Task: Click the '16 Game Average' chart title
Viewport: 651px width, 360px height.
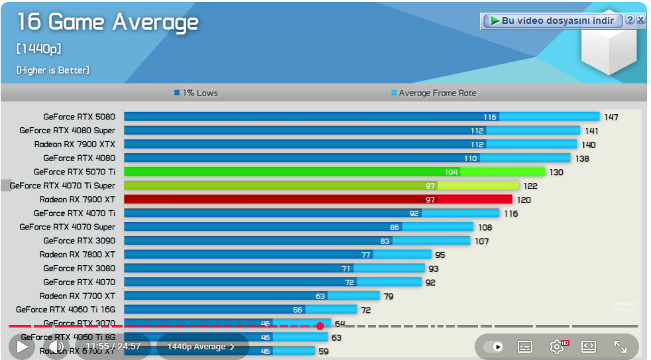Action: tap(107, 22)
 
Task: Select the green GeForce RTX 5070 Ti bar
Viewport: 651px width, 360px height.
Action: tap(334, 172)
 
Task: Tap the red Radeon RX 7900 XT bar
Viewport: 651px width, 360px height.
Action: tap(318, 200)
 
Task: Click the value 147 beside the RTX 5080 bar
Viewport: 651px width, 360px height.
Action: tap(611, 117)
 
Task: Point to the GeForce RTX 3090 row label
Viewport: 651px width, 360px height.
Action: tap(79, 241)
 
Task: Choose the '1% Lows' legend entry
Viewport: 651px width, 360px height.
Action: tap(196, 93)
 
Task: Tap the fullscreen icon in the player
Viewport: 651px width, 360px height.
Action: tap(621, 346)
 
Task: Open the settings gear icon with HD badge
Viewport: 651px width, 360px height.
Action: tap(558, 346)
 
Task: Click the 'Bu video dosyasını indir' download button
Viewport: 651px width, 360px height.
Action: tap(552, 21)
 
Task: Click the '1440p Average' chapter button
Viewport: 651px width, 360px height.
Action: tap(202, 346)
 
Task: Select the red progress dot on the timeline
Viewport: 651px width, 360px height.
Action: tap(320, 326)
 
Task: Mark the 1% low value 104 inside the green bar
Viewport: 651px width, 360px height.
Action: tap(451, 172)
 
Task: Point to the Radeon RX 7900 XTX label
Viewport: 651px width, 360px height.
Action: tap(74, 144)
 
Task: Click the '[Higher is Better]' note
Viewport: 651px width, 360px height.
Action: tap(53, 70)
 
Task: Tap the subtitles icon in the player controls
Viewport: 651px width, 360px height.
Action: tap(525, 346)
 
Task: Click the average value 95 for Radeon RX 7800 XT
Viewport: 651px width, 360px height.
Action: tap(440, 255)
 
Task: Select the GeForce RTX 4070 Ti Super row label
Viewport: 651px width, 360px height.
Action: tap(62, 186)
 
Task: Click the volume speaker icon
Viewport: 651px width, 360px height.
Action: tap(56, 346)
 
